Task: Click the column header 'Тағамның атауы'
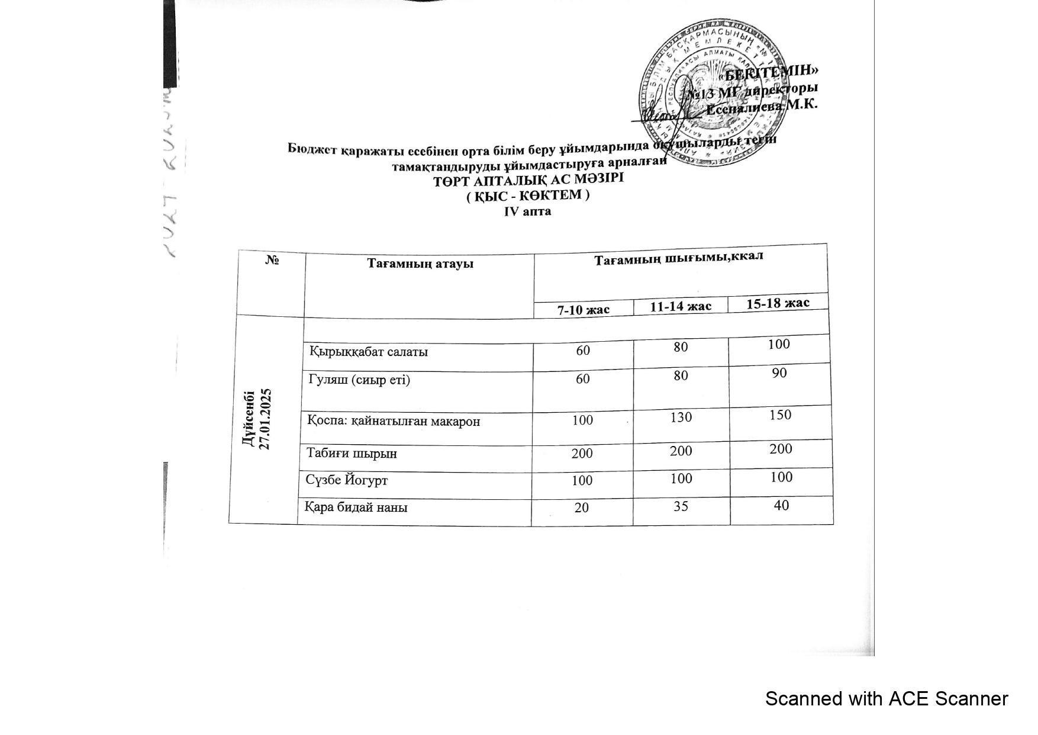420,264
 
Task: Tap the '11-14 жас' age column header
681,306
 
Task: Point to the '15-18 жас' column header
778,303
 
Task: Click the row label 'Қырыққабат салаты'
369,352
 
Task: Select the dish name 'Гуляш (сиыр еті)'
359,380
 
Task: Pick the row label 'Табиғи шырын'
352,454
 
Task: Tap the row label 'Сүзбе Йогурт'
347,480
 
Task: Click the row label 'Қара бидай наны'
356,508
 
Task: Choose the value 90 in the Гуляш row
779,373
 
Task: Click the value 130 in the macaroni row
681,417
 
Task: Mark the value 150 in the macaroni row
780,415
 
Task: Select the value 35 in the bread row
681,506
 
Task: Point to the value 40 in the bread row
781,505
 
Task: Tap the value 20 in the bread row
582,507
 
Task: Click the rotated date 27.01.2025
265,419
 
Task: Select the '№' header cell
272,260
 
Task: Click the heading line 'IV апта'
527,211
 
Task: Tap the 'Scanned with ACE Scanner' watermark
886,699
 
